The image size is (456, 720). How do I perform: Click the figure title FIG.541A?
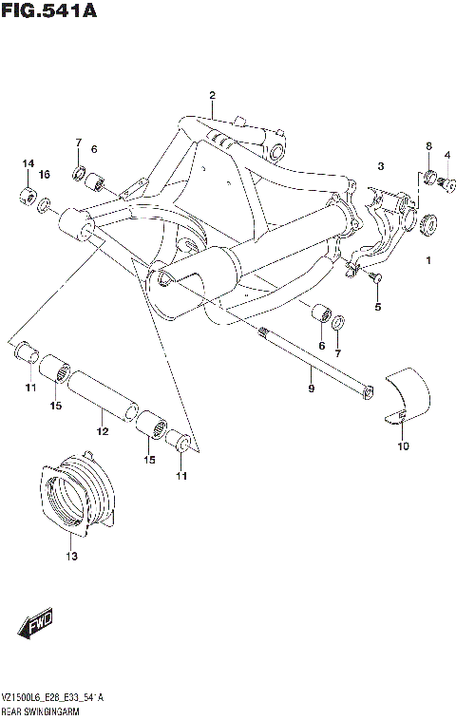(49, 10)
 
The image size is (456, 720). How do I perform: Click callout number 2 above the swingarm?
(212, 95)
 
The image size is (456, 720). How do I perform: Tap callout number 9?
(310, 388)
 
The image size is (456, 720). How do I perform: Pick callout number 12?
(102, 431)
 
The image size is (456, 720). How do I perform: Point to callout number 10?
(402, 445)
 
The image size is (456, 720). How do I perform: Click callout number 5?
(377, 307)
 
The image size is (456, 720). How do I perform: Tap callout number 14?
(28, 163)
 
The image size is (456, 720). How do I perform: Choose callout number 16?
(44, 175)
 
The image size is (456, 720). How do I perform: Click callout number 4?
(446, 155)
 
